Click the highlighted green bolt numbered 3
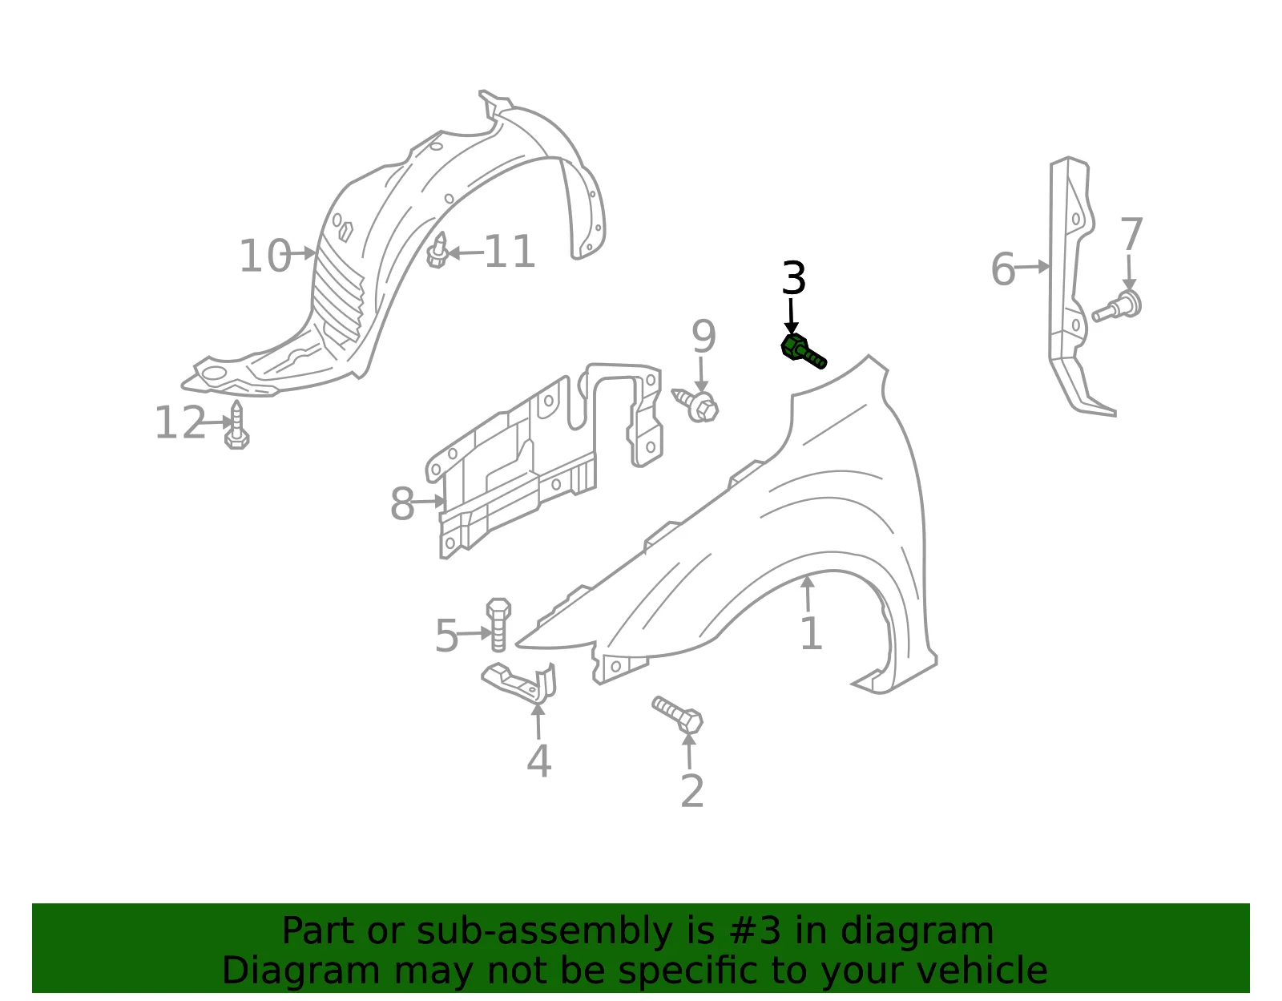tap(802, 352)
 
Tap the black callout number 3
tap(793, 278)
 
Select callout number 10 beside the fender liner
tap(265, 256)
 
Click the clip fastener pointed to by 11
tap(437, 251)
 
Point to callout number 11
tap(510, 252)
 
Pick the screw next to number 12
tap(236, 426)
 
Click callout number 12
tap(180, 423)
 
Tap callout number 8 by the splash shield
tap(402, 504)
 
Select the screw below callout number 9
tap(695, 404)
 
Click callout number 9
tap(703, 337)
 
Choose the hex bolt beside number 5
tap(498, 624)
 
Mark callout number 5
tap(446, 636)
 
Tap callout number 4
tap(539, 761)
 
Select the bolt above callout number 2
tap(677, 714)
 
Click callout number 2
tap(692, 791)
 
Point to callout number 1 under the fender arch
tap(811, 633)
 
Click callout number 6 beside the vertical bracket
tap(1003, 269)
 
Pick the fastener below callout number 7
tap(1117, 307)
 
